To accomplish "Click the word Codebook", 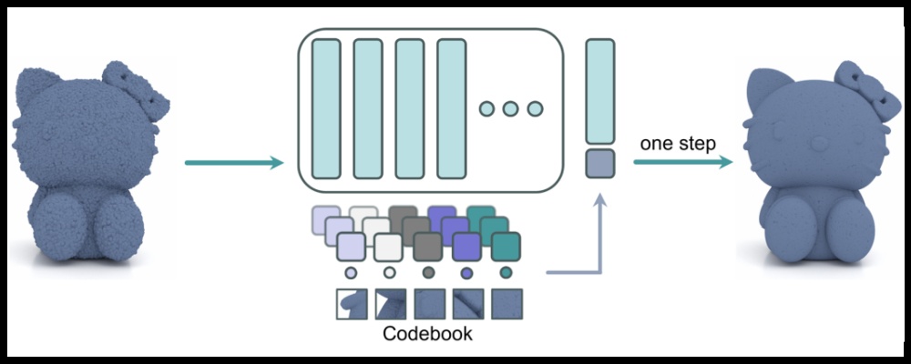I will pos(427,333).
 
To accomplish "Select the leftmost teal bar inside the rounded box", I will pos(325,108).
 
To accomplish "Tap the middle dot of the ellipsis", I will pos(510,109).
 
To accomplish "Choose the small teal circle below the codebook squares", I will pos(506,272).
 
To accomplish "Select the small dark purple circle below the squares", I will pos(467,272).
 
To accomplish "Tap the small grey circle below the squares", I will pos(428,272).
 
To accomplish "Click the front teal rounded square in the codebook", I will pos(506,247).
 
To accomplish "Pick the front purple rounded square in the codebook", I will pos(466,247).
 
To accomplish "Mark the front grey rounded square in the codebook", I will pos(427,247).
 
